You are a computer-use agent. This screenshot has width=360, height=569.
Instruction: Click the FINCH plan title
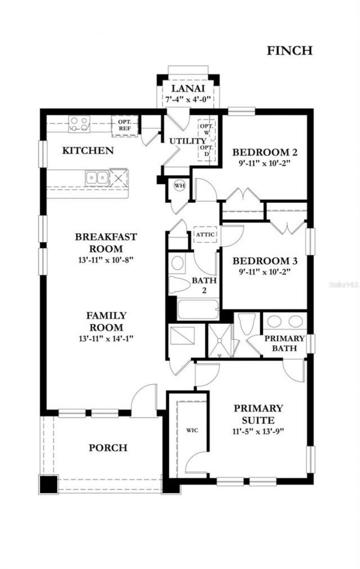(289, 51)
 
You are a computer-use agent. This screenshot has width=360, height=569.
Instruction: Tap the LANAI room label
(188, 89)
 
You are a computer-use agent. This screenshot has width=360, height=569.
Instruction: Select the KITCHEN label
(88, 151)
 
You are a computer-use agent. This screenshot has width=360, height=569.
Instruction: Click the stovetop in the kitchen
(79, 123)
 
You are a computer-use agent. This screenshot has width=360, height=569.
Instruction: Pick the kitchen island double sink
(97, 178)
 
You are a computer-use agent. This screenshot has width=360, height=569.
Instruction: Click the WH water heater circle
(180, 186)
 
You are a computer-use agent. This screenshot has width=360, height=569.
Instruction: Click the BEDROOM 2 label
(265, 152)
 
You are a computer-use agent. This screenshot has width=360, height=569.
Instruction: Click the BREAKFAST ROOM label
(106, 242)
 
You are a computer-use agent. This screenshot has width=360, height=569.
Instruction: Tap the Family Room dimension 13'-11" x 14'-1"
(106, 338)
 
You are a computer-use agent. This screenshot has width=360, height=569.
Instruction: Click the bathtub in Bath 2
(197, 310)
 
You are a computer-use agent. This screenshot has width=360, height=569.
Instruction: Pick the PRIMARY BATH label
(285, 344)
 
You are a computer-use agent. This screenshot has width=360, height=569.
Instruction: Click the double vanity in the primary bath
(284, 322)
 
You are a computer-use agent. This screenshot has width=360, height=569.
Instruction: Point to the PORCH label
(107, 448)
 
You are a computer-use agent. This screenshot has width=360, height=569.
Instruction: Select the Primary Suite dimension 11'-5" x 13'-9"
(259, 432)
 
